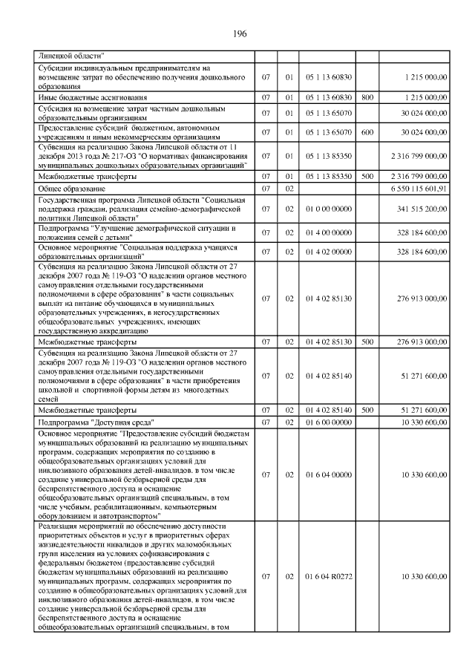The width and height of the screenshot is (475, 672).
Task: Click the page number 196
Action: [239, 33]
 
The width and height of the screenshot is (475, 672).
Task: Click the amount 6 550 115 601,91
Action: [414, 189]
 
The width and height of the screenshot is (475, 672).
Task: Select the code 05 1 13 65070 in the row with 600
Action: [328, 131]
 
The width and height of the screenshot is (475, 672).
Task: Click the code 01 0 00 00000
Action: [328, 209]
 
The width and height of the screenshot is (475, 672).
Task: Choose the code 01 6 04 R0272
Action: [328, 576]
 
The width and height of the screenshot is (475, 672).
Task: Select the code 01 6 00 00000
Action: [328, 422]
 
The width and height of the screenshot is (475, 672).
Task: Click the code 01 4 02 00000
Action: [328, 252]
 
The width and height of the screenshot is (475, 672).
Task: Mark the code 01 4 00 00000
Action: [328, 231]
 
